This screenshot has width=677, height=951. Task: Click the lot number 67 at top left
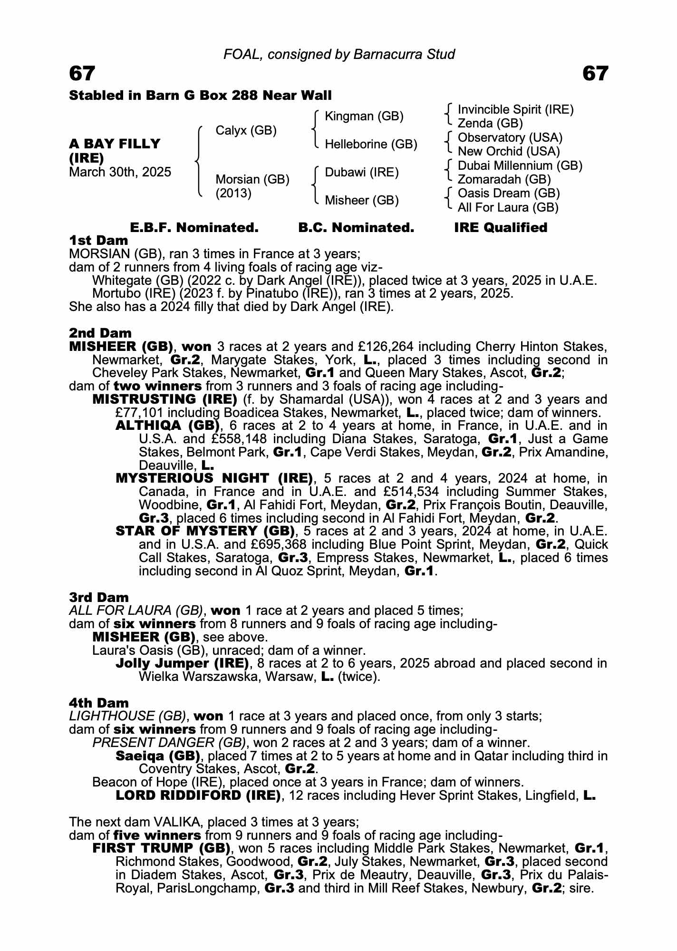click(82, 74)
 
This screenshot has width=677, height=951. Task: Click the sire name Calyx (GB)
click(246, 130)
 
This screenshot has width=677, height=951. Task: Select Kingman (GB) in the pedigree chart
click(364, 116)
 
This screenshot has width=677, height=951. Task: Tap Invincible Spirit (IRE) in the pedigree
click(515, 110)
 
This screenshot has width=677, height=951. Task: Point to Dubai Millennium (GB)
click(520, 165)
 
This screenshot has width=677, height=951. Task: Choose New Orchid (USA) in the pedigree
click(509, 152)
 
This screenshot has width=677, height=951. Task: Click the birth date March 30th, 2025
click(120, 172)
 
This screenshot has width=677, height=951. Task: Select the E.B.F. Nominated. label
click(194, 228)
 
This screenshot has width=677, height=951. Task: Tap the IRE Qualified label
click(501, 228)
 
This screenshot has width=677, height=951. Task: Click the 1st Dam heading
click(98, 240)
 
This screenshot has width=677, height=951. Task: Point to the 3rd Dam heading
click(99, 597)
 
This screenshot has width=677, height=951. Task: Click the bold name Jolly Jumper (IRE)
click(182, 663)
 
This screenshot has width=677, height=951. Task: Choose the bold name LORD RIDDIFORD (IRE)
click(198, 795)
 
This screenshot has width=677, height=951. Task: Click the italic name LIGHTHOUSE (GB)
click(127, 716)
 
